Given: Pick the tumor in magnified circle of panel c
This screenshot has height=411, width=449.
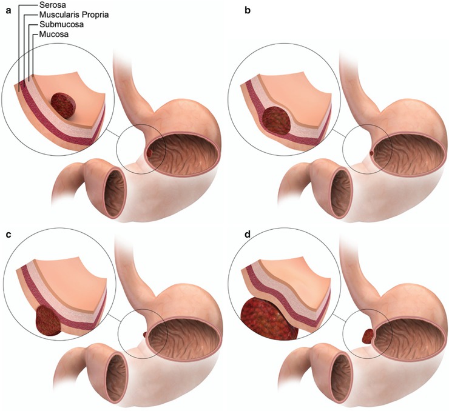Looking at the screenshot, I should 49,319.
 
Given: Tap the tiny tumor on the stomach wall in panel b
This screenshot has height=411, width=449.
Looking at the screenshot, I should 371,153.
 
